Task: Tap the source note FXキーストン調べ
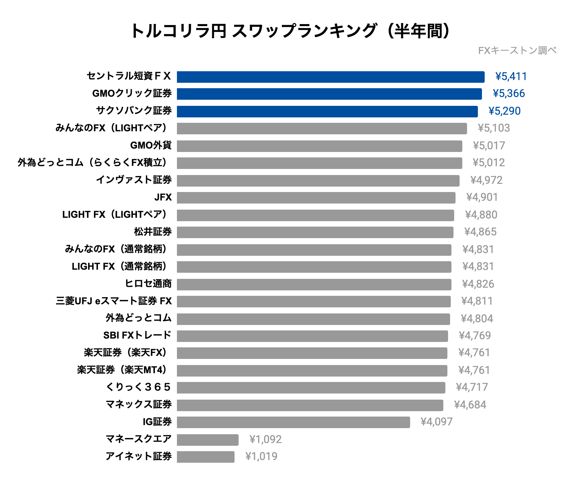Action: tap(517, 51)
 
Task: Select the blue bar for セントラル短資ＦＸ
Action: tap(330, 77)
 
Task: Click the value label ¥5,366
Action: tap(508, 94)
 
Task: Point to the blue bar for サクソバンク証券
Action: tap(327, 111)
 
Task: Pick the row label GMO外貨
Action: tap(151, 145)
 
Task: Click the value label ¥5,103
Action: tap(493, 128)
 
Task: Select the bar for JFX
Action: tap(316, 198)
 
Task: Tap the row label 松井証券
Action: tap(153, 232)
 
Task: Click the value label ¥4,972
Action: tap(486, 180)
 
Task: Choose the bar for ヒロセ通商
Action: tap(314, 284)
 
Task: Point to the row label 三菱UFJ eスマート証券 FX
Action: tap(114, 301)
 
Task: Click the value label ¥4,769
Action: tap(475, 336)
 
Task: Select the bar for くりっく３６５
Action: tap(311, 388)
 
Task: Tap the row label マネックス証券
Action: tap(139, 404)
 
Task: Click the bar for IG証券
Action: tap(293, 422)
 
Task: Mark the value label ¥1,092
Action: tap(265, 440)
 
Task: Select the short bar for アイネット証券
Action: tap(205, 457)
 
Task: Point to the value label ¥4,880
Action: tap(481, 215)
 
